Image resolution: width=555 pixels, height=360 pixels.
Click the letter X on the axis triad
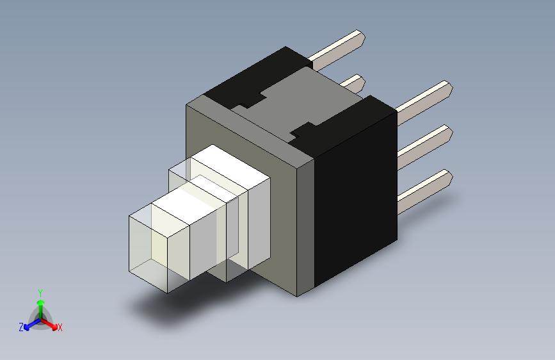60,327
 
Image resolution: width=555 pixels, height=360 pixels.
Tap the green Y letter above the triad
40,293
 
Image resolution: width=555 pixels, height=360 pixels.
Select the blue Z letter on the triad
21,327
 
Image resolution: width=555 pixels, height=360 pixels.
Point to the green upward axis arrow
40,304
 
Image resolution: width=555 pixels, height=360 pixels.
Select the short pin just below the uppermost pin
353,83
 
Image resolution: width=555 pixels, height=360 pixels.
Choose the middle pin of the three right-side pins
426,142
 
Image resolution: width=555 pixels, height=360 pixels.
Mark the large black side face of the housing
355,192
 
